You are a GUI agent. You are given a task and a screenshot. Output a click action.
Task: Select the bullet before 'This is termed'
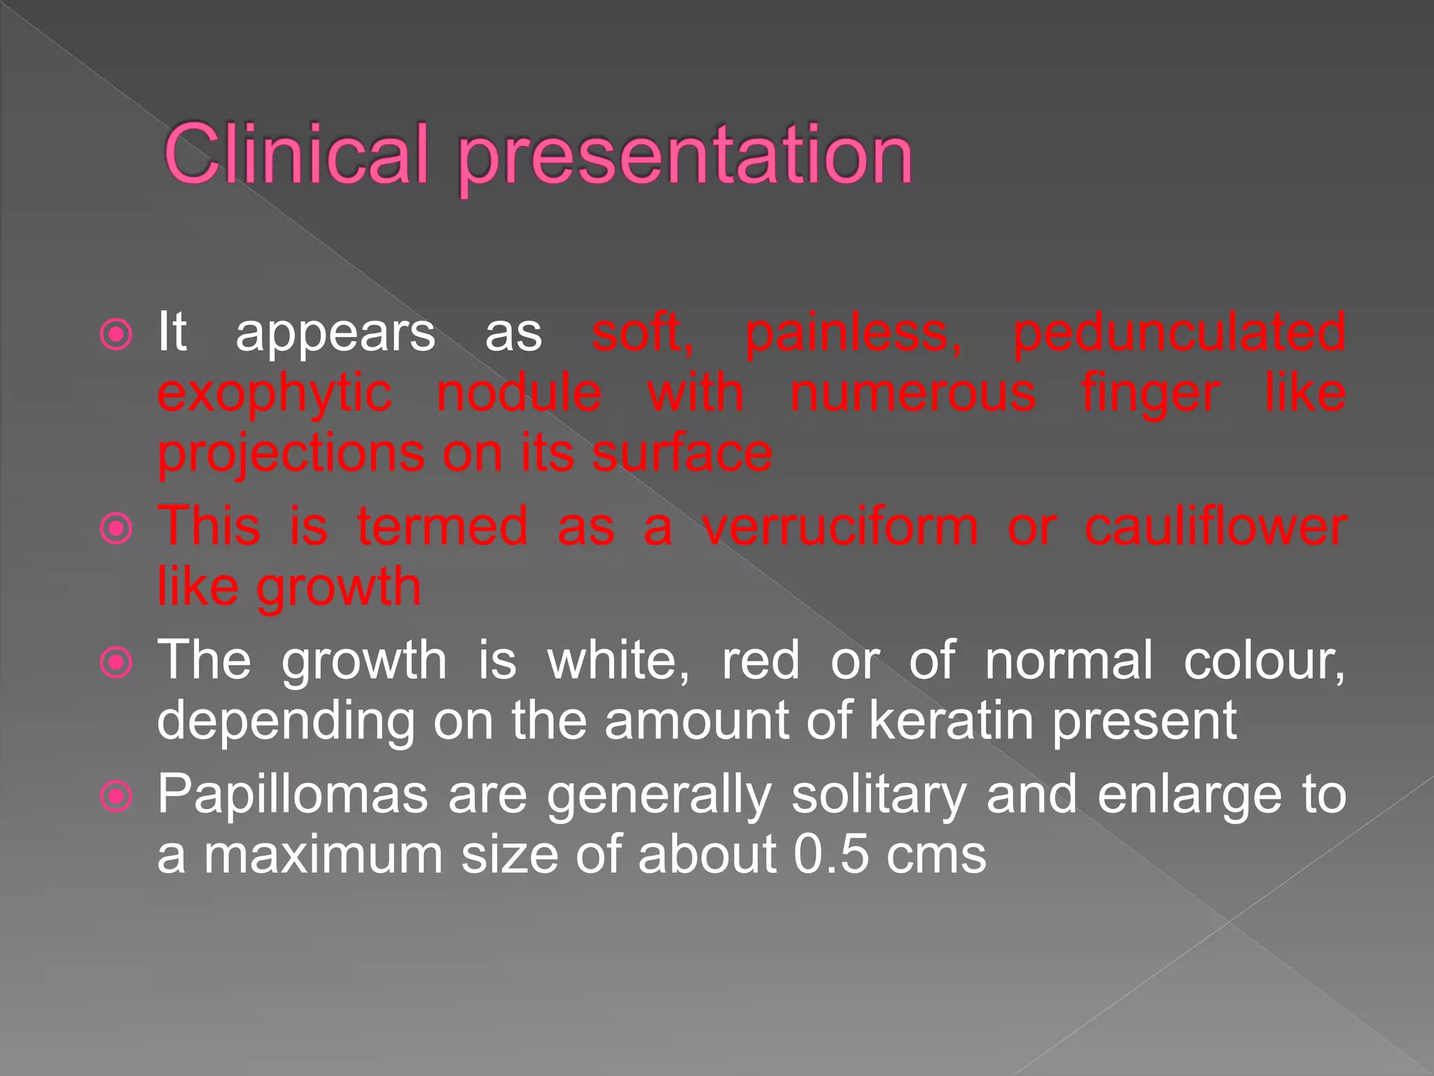(x=116, y=529)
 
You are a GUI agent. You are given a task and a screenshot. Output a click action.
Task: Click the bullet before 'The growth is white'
(x=116, y=662)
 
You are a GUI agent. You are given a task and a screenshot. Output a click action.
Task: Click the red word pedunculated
(x=1179, y=333)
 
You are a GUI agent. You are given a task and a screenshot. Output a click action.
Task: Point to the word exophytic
(x=274, y=394)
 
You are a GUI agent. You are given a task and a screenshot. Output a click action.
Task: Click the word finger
(x=1150, y=394)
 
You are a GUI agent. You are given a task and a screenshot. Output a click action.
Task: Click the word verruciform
(x=840, y=527)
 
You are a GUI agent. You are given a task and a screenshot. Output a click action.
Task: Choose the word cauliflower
(x=1216, y=527)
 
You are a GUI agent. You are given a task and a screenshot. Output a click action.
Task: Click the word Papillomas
(x=293, y=796)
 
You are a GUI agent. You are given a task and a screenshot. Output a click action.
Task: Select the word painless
(x=853, y=332)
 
